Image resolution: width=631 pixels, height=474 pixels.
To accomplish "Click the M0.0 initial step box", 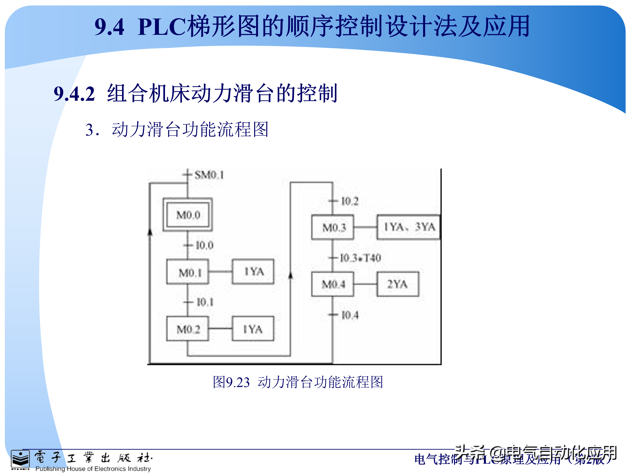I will (188, 215).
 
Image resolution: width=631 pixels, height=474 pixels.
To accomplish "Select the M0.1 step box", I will (188, 272).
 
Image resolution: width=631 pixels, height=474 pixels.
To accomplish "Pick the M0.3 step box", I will (333, 227).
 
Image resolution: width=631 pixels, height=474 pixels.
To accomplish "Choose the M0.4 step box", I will (333, 284).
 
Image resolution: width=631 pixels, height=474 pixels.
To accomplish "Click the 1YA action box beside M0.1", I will (253, 271).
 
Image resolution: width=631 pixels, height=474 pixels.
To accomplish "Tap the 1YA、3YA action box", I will (408, 227).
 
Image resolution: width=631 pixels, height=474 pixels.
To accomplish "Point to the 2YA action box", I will (398, 284).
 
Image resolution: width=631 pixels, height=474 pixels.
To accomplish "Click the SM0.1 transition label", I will (209, 175).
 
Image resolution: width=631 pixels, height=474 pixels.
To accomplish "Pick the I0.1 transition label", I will (205, 302).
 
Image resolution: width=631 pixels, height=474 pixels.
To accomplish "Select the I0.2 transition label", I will (350, 201).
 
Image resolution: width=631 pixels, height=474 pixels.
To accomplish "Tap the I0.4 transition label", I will (350, 315).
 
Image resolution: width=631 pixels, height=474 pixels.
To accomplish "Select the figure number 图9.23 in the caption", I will (231, 382).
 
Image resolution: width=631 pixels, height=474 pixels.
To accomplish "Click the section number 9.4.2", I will (74, 94).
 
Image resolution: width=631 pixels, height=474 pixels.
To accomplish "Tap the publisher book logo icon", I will (20, 460).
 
